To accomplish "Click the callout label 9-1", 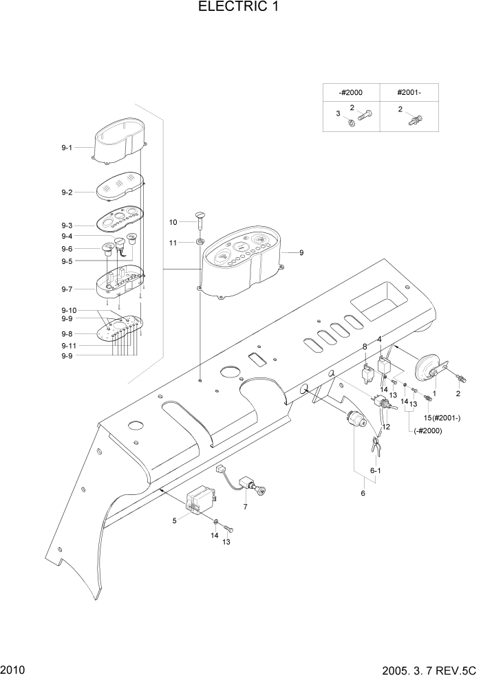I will [67, 148].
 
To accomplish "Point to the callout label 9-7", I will [67, 289].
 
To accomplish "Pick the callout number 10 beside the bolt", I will [173, 222].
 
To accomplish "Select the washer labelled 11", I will [200, 242].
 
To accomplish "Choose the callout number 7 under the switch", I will [244, 507].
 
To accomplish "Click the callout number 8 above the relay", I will [365, 346].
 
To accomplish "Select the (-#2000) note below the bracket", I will [428, 431].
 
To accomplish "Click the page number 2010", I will [12, 669].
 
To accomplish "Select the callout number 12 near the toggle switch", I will [385, 427].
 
